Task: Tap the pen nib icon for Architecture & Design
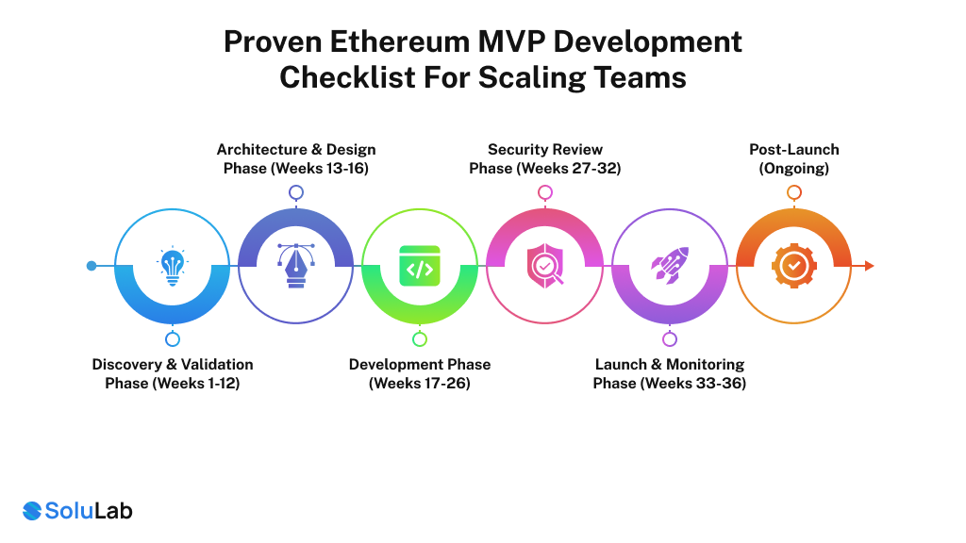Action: pyautogui.click(x=295, y=266)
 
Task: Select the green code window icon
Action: pyautogui.click(x=420, y=266)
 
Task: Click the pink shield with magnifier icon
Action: pyautogui.click(x=544, y=266)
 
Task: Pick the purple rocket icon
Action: pyautogui.click(x=669, y=266)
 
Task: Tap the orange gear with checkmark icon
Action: pyautogui.click(x=793, y=266)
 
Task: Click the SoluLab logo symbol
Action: pyautogui.click(x=32, y=511)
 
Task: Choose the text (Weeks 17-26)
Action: pyautogui.click(x=420, y=384)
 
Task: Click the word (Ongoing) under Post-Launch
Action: pyautogui.click(x=794, y=169)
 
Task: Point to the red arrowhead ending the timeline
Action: pyautogui.click(x=869, y=266)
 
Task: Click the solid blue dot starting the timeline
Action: pyautogui.click(x=92, y=266)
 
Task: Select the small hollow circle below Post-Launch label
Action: pyautogui.click(x=794, y=192)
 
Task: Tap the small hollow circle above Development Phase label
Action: pyautogui.click(x=420, y=339)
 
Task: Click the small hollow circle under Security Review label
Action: pyautogui.click(x=544, y=192)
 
